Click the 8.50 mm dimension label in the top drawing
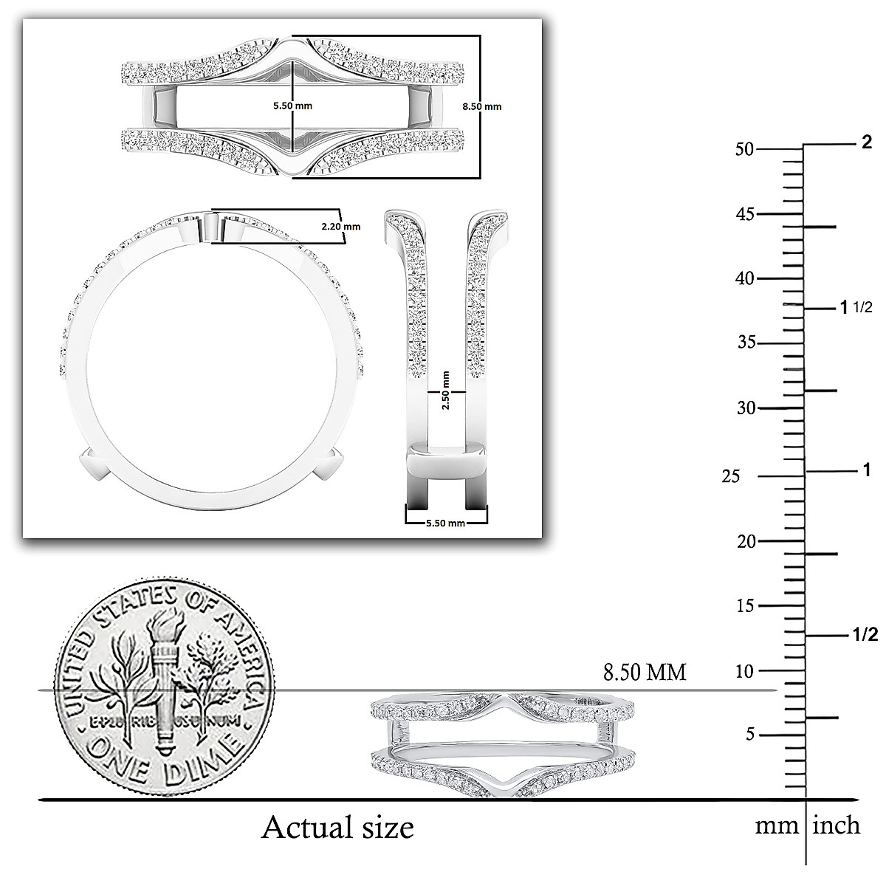click(481, 106)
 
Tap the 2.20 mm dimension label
click(340, 227)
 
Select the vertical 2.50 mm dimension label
click(445, 391)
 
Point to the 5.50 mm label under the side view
click(445, 523)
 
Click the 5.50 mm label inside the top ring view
click(292, 106)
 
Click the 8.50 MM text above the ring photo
click(645, 672)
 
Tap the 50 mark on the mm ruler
click(745, 149)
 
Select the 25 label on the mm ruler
click(731, 477)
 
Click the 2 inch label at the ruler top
click(867, 142)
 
